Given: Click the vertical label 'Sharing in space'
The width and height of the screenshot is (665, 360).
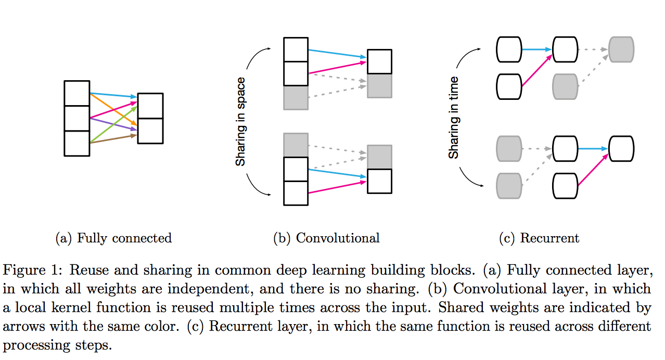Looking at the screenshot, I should click(240, 122).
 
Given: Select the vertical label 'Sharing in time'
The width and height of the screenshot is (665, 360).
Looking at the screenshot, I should click(453, 118).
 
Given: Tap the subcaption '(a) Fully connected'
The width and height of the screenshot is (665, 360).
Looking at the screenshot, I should click(113, 238).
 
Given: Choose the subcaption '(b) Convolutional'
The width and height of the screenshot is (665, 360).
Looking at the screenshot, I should click(326, 238).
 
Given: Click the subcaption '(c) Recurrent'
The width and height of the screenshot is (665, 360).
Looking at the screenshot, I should click(539, 238).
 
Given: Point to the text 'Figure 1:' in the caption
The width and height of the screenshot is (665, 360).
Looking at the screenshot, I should click(33, 271).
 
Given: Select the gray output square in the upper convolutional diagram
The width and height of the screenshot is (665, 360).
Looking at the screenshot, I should click(379, 86).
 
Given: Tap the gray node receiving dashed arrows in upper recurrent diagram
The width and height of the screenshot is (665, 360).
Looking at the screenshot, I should click(621, 49).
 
